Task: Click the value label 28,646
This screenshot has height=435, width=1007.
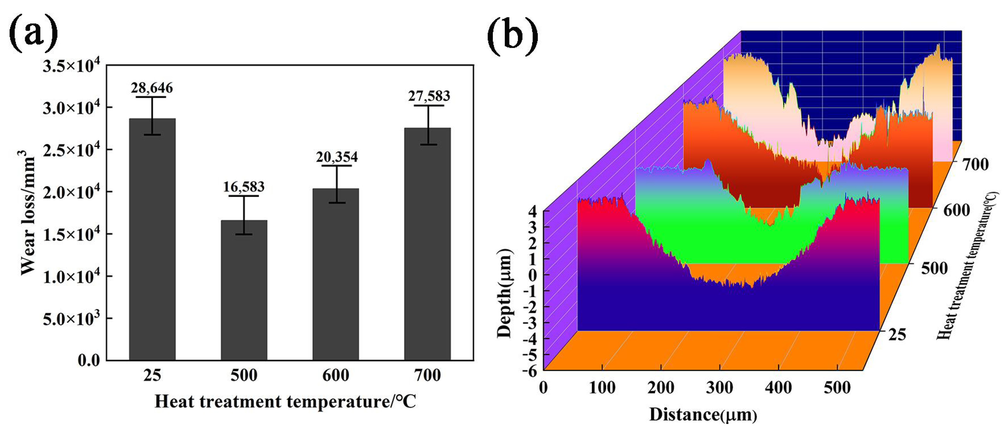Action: (152, 88)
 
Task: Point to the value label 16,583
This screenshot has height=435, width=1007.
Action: (244, 187)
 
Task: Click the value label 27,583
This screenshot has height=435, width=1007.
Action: (429, 96)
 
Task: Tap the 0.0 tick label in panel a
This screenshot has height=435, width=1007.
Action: (89, 360)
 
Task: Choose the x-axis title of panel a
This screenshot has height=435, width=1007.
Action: (285, 401)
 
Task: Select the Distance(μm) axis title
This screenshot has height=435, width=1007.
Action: (703, 415)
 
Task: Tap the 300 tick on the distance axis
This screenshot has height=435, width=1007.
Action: (719, 388)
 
